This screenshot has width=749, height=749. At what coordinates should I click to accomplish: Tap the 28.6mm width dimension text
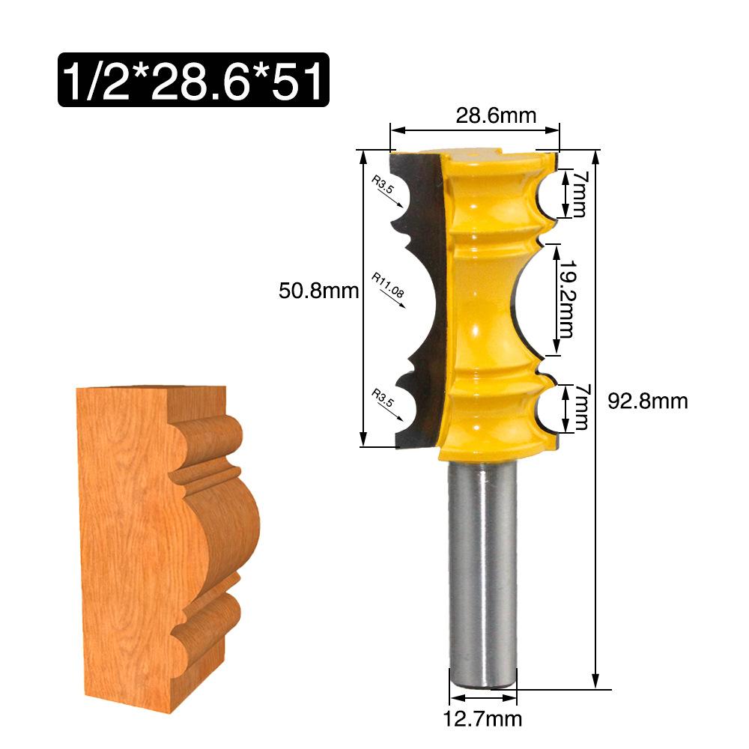pyautogui.click(x=496, y=116)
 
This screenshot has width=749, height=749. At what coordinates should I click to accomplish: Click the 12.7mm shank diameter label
pyautogui.click(x=481, y=720)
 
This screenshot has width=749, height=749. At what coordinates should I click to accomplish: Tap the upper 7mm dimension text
pyautogui.click(x=577, y=193)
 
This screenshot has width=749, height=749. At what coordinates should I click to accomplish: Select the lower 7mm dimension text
pyautogui.click(x=577, y=408)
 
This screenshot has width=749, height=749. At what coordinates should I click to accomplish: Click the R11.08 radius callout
pyautogui.click(x=388, y=286)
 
